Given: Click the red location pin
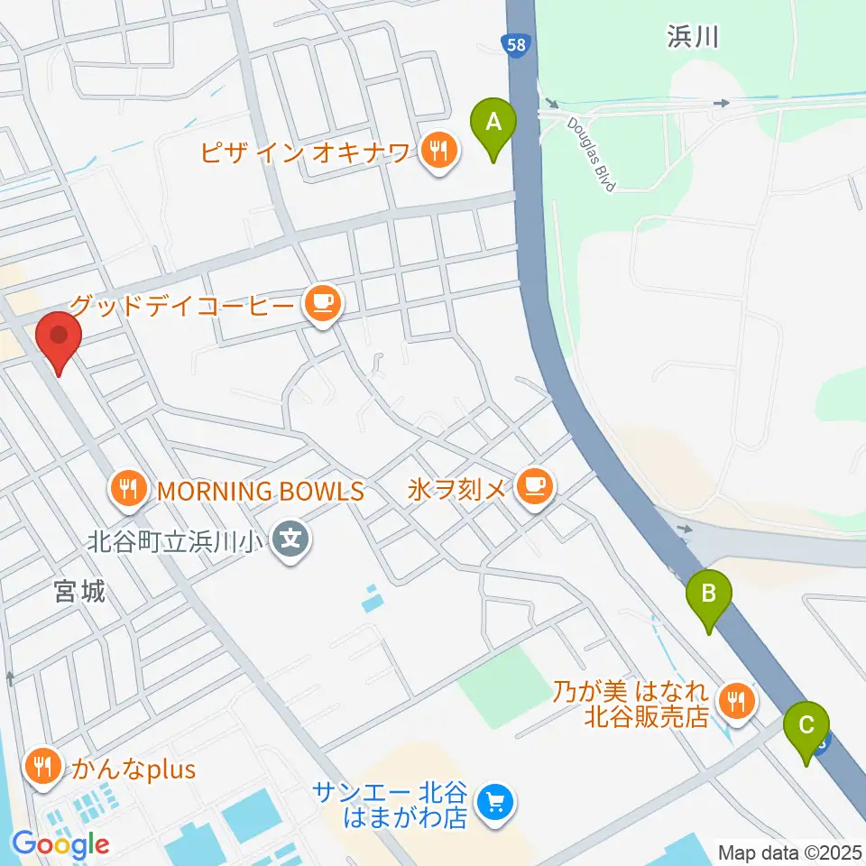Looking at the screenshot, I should pos(60,337).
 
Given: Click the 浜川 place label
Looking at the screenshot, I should pos(693,37).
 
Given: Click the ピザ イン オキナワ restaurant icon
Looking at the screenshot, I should pos(438,149).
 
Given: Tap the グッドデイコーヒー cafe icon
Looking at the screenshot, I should pos(322,304).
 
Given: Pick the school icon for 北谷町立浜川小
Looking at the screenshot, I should pos(290,542).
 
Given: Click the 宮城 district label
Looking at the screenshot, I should pos(78,592).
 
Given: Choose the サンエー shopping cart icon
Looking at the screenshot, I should pos(493,799).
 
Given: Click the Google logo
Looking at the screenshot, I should pos(60,845).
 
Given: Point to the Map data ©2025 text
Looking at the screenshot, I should pos(788,851).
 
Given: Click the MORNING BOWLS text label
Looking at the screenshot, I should pos(260,491).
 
